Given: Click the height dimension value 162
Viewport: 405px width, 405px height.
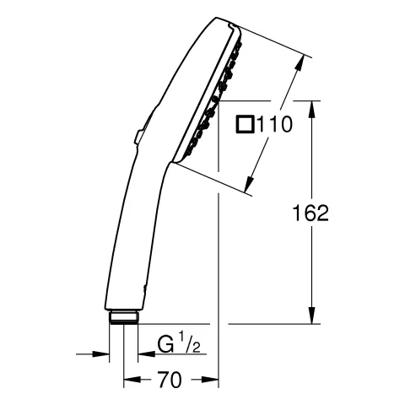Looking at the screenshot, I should (310, 213).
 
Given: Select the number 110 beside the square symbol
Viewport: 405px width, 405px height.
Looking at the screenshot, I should (274, 126).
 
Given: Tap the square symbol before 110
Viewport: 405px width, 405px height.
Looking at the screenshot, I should (246, 126).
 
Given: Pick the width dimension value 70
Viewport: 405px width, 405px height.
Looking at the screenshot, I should (170, 380).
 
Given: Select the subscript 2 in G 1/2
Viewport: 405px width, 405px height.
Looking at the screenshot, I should (197, 348).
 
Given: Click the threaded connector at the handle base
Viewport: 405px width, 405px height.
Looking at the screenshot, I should (125, 317).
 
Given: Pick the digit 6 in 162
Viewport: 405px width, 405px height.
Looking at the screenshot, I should (310, 213).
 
